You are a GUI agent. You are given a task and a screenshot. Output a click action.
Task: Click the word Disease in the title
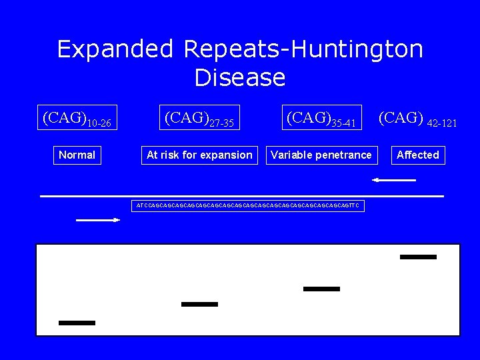tap(240, 78)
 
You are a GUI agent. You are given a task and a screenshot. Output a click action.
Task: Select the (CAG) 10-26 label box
tap(77, 118)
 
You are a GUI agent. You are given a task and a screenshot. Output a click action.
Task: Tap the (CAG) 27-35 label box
tap(199, 118)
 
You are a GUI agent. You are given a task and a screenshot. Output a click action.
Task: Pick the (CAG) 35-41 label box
tap(322, 118)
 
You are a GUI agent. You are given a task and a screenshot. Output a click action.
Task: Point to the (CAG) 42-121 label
tap(417, 119)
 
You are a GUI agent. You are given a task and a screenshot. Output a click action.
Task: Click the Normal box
tap(77, 155)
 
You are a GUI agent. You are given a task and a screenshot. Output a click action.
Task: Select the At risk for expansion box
tap(199, 155)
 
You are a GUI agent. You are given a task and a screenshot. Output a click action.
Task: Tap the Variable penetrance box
tap(321, 155)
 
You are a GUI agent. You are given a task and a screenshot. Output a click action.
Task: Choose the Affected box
tap(418, 155)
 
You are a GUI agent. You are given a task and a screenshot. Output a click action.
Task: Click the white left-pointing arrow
tap(394, 180)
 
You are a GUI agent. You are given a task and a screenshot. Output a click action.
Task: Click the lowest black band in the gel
tap(77, 323)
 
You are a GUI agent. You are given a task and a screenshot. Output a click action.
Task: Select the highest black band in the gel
tap(418, 257)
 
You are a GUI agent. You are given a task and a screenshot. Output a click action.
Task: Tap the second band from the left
tap(199, 304)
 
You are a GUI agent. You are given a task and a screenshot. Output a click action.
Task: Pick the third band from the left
tap(321, 289)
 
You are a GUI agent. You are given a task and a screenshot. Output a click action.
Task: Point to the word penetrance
tap(344, 155)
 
